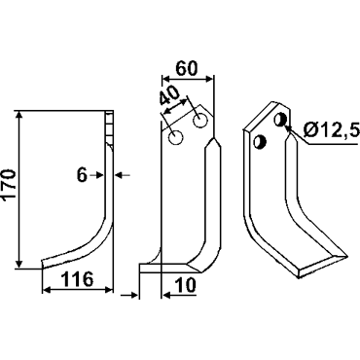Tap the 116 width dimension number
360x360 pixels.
[x=77, y=279]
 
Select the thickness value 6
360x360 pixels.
[x=82, y=175]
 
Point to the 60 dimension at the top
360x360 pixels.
[x=186, y=68]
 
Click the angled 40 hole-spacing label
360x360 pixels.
[x=168, y=96]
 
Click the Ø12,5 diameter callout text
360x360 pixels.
[x=332, y=130]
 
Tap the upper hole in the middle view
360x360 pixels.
[x=200, y=121]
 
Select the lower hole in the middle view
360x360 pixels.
[x=176, y=137]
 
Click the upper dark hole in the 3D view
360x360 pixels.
[x=279, y=120]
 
